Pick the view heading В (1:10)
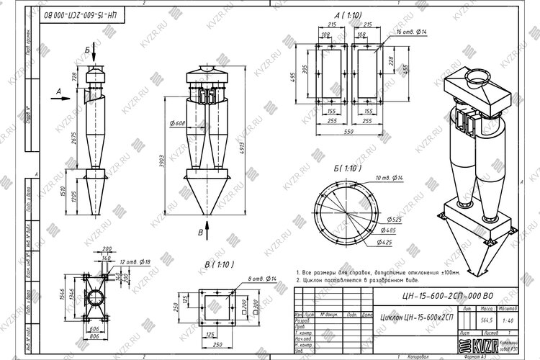[x=217, y=264]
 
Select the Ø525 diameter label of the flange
[x=393, y=218]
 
